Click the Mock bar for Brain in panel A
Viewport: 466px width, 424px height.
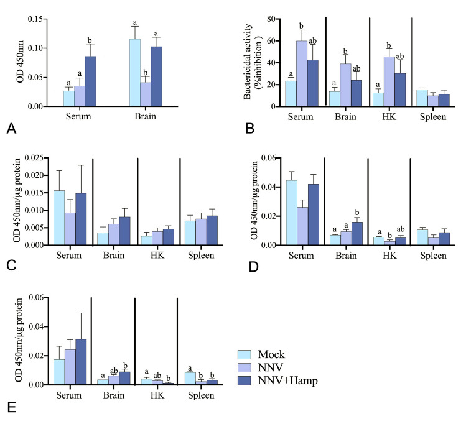[x=134, y=73]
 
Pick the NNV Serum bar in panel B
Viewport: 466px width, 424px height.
[x=302, y=73]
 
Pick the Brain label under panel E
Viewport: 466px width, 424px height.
[x=113, y=395]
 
